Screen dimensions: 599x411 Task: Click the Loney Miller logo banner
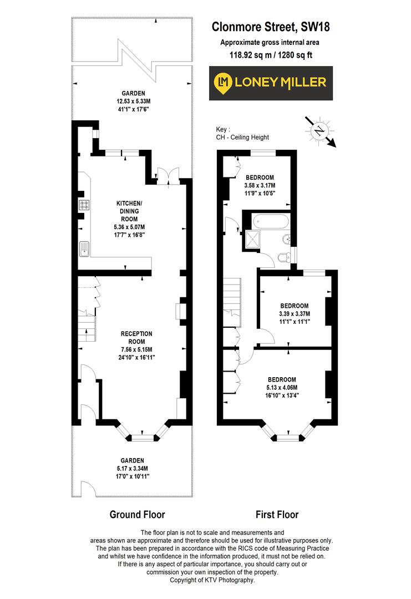point(271,83)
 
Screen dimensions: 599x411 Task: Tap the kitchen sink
point(85,249)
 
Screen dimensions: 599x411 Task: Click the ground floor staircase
point(86,327)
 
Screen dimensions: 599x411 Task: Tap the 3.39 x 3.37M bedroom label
point(294,313)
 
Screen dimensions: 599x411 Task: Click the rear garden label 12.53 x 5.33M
point(134,101)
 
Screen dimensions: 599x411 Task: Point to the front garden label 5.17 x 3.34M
point(133,468)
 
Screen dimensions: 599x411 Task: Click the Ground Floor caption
point(137,514)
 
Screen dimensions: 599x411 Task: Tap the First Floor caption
point(277,514)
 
